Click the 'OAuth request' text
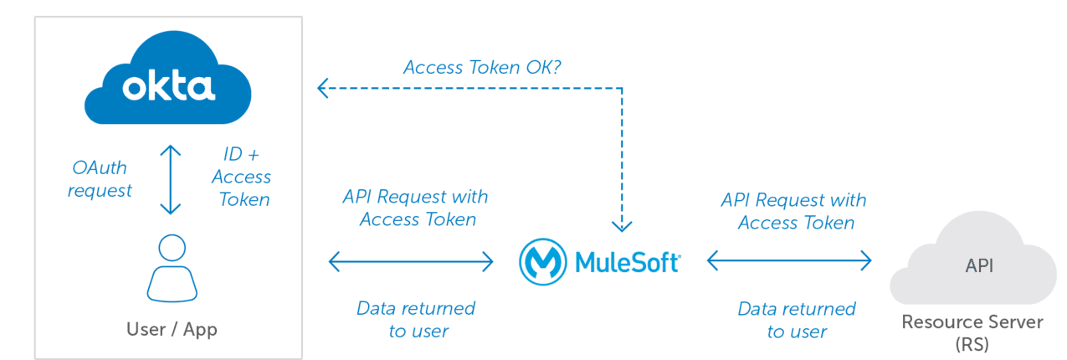(101, 179)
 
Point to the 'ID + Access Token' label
(241, 177)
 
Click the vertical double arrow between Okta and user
(172, 179)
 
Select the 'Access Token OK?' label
(482, 68)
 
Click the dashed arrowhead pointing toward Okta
(323, 86)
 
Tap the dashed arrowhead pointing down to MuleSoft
(621, 224)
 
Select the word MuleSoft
(628, 261)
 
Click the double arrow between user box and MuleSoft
(411, 262)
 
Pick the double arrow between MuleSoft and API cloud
(790, 261)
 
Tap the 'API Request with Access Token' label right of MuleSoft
(794, 211)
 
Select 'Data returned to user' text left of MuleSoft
(416, 319)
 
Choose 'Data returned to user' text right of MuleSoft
(796, 320)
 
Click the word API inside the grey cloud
(979, 266)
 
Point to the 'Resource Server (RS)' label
(972, 333)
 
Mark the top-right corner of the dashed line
(622, 86)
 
